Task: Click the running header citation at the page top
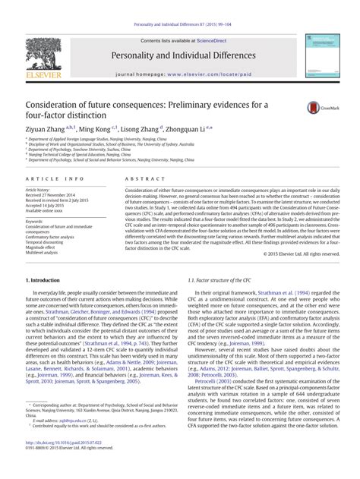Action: [x=179, y=7]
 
